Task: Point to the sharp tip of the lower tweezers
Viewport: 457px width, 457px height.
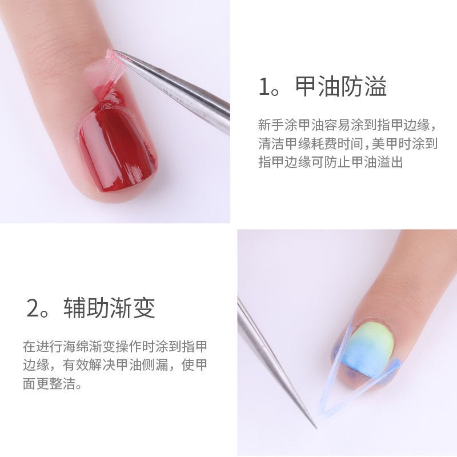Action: (315, 427)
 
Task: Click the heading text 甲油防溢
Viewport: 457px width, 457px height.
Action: (341, 87)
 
